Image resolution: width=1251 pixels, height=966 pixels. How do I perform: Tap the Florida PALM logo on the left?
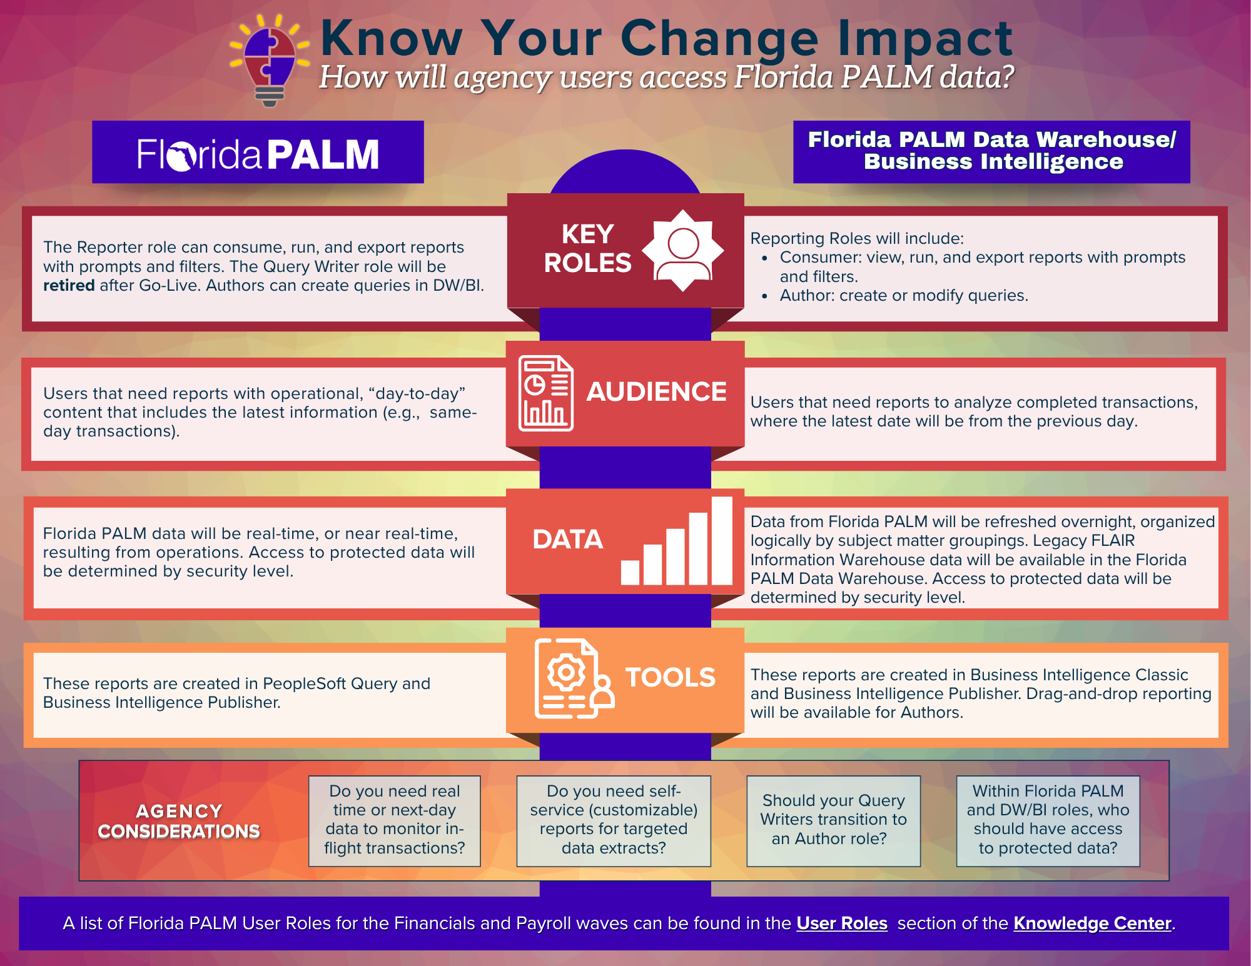tap(258, 154)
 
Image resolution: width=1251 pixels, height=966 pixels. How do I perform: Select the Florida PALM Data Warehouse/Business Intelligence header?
tap(991, 151)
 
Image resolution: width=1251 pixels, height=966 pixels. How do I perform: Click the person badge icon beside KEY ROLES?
tap(683, 251)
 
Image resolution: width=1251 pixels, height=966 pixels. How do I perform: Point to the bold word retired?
tap(69, 286)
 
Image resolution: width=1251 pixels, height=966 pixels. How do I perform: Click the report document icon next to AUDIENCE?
tap(546, 393)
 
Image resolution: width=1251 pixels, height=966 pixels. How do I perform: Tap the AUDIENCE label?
tap(656, 392)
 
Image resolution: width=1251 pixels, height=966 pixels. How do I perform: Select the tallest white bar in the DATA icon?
tap(722, 541)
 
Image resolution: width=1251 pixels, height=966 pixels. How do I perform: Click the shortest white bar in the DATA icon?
tap(630, 572)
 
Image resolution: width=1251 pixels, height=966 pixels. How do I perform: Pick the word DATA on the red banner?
tap(567, 540)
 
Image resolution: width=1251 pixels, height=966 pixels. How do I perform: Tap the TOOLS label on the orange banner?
tap(671, 678)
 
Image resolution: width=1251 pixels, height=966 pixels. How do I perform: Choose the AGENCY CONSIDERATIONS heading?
tap(179, 821)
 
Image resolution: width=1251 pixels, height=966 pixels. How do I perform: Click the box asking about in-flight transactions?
tap(395, 821)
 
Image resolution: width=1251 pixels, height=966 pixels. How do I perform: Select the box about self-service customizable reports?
tap(614, 821)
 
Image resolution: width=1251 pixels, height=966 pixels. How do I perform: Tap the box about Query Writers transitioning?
tap(834, 821)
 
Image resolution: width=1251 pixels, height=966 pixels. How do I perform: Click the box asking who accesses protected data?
tap(1048, 821)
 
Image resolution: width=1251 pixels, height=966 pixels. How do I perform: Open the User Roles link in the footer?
tap(842, 923)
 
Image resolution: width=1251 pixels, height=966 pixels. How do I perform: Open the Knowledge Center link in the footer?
tap(1092, 923)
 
